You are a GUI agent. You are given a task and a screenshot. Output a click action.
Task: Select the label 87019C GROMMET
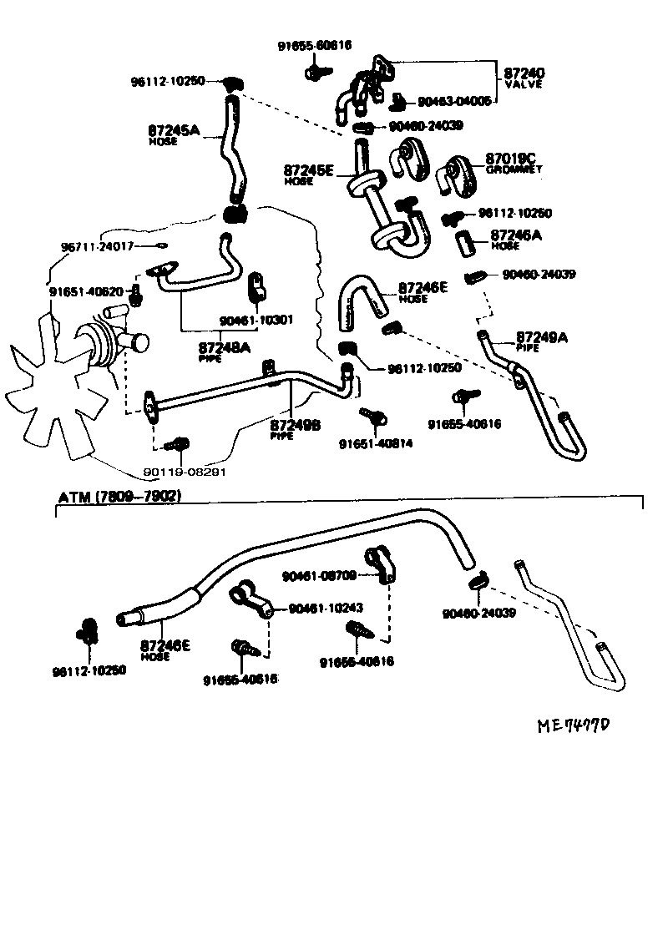coord(514,162)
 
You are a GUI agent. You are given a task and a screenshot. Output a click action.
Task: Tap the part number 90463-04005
coord(454,101)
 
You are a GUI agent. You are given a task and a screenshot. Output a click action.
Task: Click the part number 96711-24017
coord(98,247)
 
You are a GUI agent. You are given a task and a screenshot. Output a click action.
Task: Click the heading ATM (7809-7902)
coord(119,496)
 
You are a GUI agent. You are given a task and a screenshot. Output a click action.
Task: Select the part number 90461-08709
coord(320,575)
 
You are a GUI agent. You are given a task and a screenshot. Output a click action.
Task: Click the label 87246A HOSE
coord(516,239)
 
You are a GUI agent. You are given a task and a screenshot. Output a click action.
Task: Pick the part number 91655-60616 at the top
coord(315,46)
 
